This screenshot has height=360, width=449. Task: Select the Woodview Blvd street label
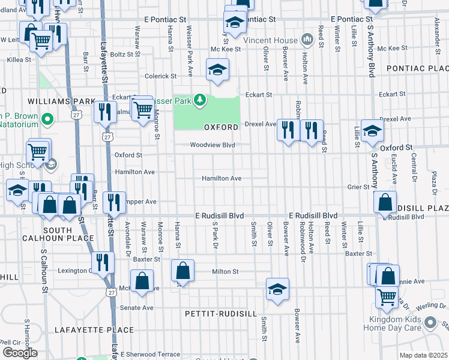coord(212,145)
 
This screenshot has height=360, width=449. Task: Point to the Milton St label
coord(225,271)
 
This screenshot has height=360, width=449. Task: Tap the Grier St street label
coord(359,187)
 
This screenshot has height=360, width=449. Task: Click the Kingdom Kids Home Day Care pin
coord(430,323)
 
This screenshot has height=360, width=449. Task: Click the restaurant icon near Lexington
coord(103,262)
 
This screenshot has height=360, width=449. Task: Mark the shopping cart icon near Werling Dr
coord(387,296)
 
